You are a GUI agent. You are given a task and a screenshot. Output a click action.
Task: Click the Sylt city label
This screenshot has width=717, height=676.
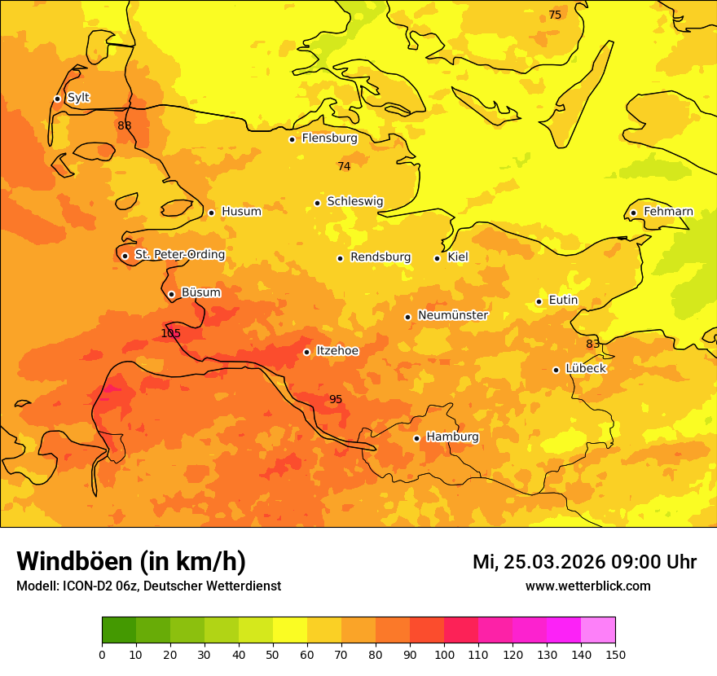[x=78, y=98]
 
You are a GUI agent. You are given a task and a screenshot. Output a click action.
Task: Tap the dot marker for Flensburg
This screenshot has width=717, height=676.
[x=292, y=139]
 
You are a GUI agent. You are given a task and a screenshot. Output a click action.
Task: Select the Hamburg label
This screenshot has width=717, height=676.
[x=452, y=437]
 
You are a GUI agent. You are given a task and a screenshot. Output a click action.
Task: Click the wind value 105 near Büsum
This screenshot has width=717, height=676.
[x=170, y=333]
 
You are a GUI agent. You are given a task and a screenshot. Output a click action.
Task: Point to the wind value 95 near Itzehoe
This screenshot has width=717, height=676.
[x=336, y=399]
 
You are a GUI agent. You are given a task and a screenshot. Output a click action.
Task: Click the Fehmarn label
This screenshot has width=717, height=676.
[x=668, y=212]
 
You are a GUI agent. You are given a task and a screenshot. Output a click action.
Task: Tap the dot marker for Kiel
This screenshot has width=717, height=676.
[x=437, y=258]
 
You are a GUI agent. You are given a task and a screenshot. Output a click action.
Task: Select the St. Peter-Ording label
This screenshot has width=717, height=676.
[x=179, y=255]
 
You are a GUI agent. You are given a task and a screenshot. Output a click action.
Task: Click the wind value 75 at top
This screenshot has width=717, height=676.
[x=555, y=15]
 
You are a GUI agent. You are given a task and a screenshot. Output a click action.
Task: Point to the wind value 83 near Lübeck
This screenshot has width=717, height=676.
[x=592, y=344]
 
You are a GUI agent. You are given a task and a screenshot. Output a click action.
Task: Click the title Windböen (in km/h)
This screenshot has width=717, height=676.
[x=131, y=561]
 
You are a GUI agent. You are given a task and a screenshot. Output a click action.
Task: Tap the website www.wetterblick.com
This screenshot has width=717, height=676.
[x=587, y=586]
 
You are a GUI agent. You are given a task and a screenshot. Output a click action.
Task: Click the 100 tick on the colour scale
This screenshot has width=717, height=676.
[x=444, y=654]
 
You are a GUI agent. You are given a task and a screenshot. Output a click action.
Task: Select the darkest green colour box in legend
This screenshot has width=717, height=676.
[x=119, y=630]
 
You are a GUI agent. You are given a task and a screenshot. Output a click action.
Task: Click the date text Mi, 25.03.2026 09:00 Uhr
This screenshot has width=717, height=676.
[x=584, y=562]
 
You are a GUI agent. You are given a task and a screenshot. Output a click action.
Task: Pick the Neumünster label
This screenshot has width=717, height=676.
[x=452, y=315]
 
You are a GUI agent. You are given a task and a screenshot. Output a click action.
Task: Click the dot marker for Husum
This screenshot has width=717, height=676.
[x=211, y=213]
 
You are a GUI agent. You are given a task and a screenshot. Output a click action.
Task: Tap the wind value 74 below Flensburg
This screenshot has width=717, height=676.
[x=344, y=166]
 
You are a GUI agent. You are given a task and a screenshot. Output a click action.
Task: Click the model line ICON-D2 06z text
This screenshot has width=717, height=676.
[x=148, y=586]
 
